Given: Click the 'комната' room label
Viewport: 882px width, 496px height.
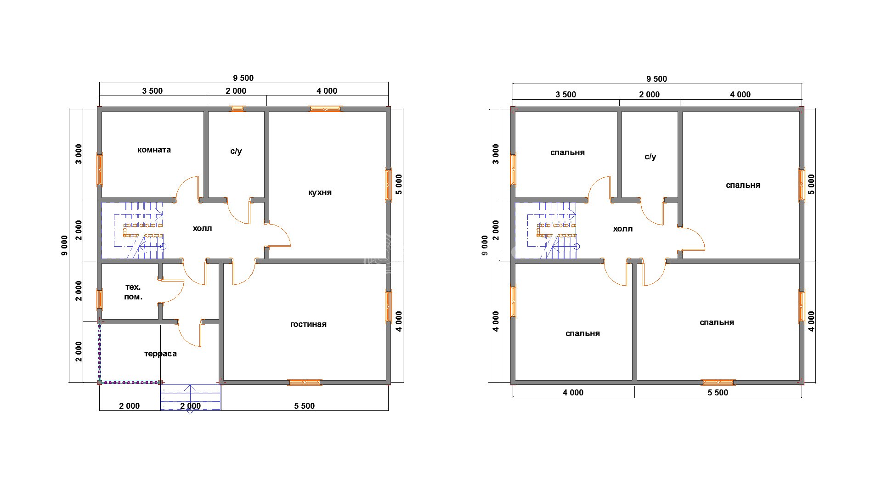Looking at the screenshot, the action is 154,150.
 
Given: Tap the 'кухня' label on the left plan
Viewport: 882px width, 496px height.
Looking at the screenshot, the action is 320,192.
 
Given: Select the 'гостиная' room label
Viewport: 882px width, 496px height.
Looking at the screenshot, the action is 308,324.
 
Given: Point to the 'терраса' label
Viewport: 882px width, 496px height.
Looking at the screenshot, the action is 160,354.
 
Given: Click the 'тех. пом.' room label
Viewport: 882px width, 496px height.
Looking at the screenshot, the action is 133,292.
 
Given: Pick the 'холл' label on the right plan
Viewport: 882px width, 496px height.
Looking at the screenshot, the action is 622,229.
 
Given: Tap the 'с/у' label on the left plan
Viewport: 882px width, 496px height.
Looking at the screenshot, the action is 236,151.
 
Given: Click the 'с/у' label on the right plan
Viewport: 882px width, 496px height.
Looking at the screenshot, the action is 650,157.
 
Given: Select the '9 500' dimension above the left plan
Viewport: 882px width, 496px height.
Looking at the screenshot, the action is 243,78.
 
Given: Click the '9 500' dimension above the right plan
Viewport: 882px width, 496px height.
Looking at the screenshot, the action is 657,79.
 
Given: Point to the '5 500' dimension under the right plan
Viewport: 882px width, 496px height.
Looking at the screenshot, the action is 718,393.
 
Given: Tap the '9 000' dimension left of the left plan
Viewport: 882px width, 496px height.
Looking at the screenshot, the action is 64,245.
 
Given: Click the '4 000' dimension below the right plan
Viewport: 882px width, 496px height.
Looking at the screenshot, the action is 573,393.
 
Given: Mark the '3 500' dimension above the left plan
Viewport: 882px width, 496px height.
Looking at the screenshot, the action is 153,91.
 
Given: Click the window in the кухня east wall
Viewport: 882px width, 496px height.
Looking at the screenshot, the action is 388,185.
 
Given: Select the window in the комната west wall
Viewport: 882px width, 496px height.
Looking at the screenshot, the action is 99,169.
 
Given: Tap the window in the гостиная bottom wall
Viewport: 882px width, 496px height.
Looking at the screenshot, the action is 305,382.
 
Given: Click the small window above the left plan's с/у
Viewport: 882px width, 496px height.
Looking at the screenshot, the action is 237,109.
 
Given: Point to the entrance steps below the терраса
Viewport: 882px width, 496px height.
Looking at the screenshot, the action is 191,397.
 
